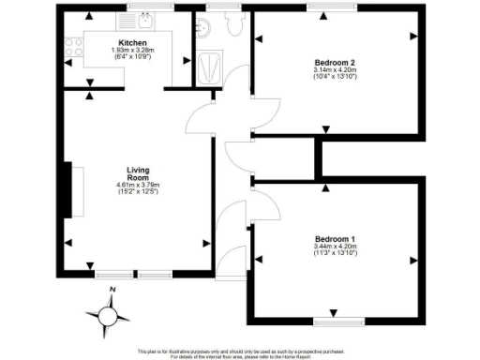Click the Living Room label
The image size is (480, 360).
(138, 173)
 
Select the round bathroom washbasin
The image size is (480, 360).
(201, 27)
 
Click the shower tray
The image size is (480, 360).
(209, 66)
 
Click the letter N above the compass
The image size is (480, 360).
(111, 291)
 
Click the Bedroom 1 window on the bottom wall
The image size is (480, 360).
(335, 321)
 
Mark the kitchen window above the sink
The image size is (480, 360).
(142, 7)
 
